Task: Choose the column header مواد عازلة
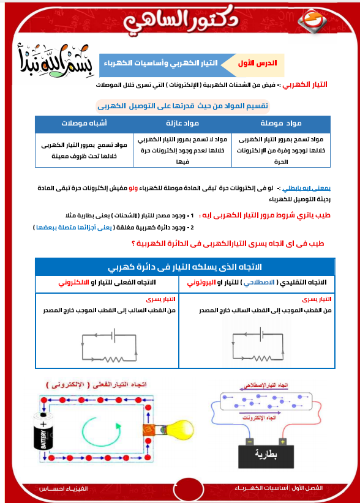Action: coord(183,122)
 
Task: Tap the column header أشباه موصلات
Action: coord(84,122)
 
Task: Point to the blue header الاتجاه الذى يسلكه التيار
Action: coord(185,267)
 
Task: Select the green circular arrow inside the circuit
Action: coord(97,432)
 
